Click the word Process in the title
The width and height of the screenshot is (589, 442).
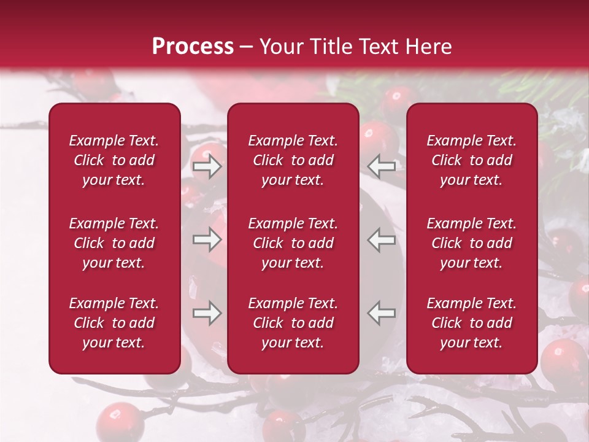pos(193,47)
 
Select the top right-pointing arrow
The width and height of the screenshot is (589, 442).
pos(207,166)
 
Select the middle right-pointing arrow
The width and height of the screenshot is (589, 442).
pos(207,239)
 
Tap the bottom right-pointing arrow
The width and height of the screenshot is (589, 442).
pos(207,313)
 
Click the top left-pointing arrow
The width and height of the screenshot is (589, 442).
pos(381,166)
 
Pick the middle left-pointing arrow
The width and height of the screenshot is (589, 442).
pos(381,239)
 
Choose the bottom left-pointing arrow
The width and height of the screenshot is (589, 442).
pos(381,313)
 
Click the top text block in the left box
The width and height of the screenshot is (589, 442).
pos(114,160)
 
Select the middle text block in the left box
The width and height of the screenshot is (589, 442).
pos(114,243)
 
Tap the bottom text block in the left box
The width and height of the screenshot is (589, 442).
pos(114,323)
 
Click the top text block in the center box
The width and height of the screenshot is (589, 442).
pos(293,160)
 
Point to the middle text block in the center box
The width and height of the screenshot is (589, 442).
pos(293,243)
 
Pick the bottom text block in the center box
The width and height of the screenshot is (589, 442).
pos(293,323)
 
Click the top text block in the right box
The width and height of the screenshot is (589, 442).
pos(472,160)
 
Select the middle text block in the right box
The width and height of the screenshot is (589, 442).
pos(472,243)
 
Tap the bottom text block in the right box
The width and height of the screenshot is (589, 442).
pos(472,323)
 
